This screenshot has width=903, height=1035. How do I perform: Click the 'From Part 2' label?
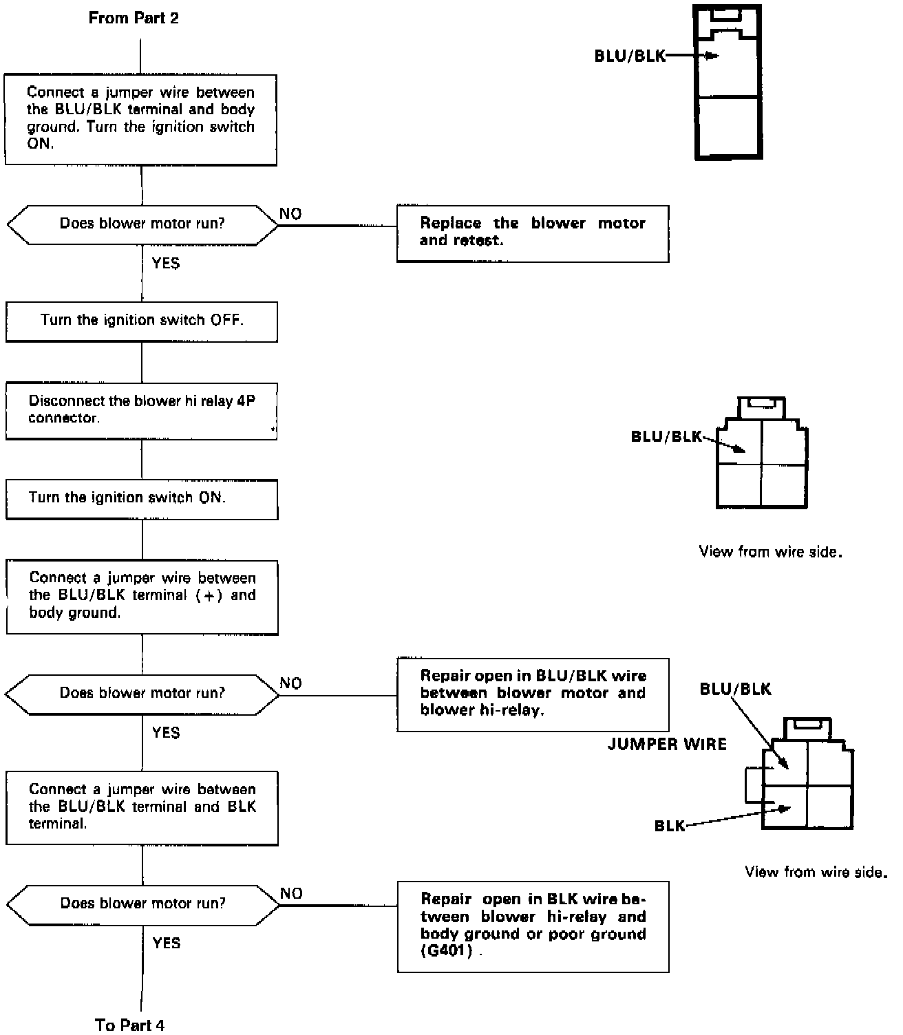pos(134,19)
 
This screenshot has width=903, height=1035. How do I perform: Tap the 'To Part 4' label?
pos(130,1024)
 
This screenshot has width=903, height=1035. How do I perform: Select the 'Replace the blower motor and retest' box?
pos(532,233)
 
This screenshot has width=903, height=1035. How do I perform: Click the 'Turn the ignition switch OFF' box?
pos(141,321)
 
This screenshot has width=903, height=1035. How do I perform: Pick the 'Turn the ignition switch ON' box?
pos(141,498)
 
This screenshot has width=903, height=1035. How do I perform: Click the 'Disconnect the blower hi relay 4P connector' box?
pos(141,410)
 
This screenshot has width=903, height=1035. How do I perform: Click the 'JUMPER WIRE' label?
pos(666,744)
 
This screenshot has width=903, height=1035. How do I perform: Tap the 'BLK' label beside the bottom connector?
pos(669,826)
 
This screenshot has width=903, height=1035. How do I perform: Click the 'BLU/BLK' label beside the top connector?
pos(630,56)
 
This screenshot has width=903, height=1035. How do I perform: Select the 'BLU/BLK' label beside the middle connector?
pos(666,436)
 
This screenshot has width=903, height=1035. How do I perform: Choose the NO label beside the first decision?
pos(290,214)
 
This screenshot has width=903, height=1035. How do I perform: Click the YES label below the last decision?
pos(166,943)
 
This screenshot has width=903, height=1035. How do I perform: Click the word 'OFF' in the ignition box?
pos(226,320)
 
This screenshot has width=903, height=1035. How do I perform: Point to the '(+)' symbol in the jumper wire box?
pos(209,595)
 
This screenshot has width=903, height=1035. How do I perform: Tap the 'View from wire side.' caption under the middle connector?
pos(770,552)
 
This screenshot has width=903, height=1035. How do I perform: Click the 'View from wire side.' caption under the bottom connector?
pos(816,873)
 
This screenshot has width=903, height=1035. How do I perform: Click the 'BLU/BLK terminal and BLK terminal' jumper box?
pos(141,807)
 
